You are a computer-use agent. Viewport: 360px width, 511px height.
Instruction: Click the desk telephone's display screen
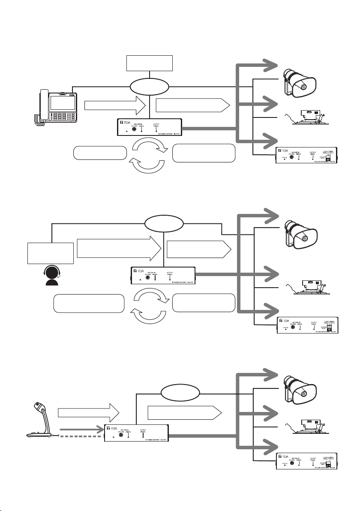tap(64, 102)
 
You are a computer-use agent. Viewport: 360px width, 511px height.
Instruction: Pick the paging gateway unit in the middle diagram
tap(163, 276)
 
